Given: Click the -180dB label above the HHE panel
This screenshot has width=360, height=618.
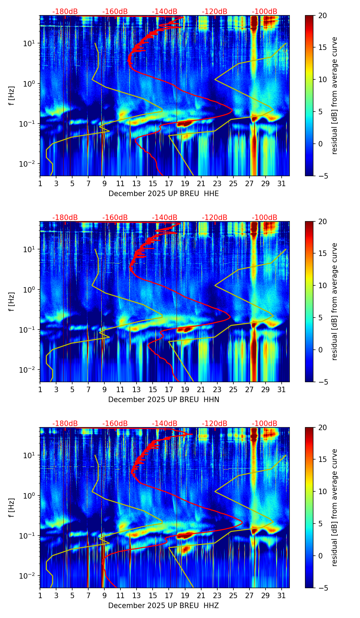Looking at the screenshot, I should click(65, 12).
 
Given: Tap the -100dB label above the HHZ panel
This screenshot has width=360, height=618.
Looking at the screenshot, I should click(265, 424).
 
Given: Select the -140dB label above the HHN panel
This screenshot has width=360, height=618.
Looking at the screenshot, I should click(165, 218).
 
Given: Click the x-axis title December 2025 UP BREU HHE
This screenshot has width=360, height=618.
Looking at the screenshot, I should click(164, 194).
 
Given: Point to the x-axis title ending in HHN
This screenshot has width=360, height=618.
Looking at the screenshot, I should click(164, 400).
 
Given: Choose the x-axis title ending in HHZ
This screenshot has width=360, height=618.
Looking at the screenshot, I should click(163, 606).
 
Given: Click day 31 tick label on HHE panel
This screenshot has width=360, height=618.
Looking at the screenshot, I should click(282, 184).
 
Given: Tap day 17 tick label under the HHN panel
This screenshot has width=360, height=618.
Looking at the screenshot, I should click(169, 390).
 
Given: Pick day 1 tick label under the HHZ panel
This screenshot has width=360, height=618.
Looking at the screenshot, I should click(40, 596).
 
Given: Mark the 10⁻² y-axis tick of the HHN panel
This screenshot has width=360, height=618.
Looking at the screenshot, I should click(29, 370).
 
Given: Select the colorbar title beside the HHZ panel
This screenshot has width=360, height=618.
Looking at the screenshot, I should click(334, 507).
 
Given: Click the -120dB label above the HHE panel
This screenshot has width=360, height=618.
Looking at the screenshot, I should click(215, 12).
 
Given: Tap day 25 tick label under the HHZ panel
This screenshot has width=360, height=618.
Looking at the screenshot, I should click(233, 596).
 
